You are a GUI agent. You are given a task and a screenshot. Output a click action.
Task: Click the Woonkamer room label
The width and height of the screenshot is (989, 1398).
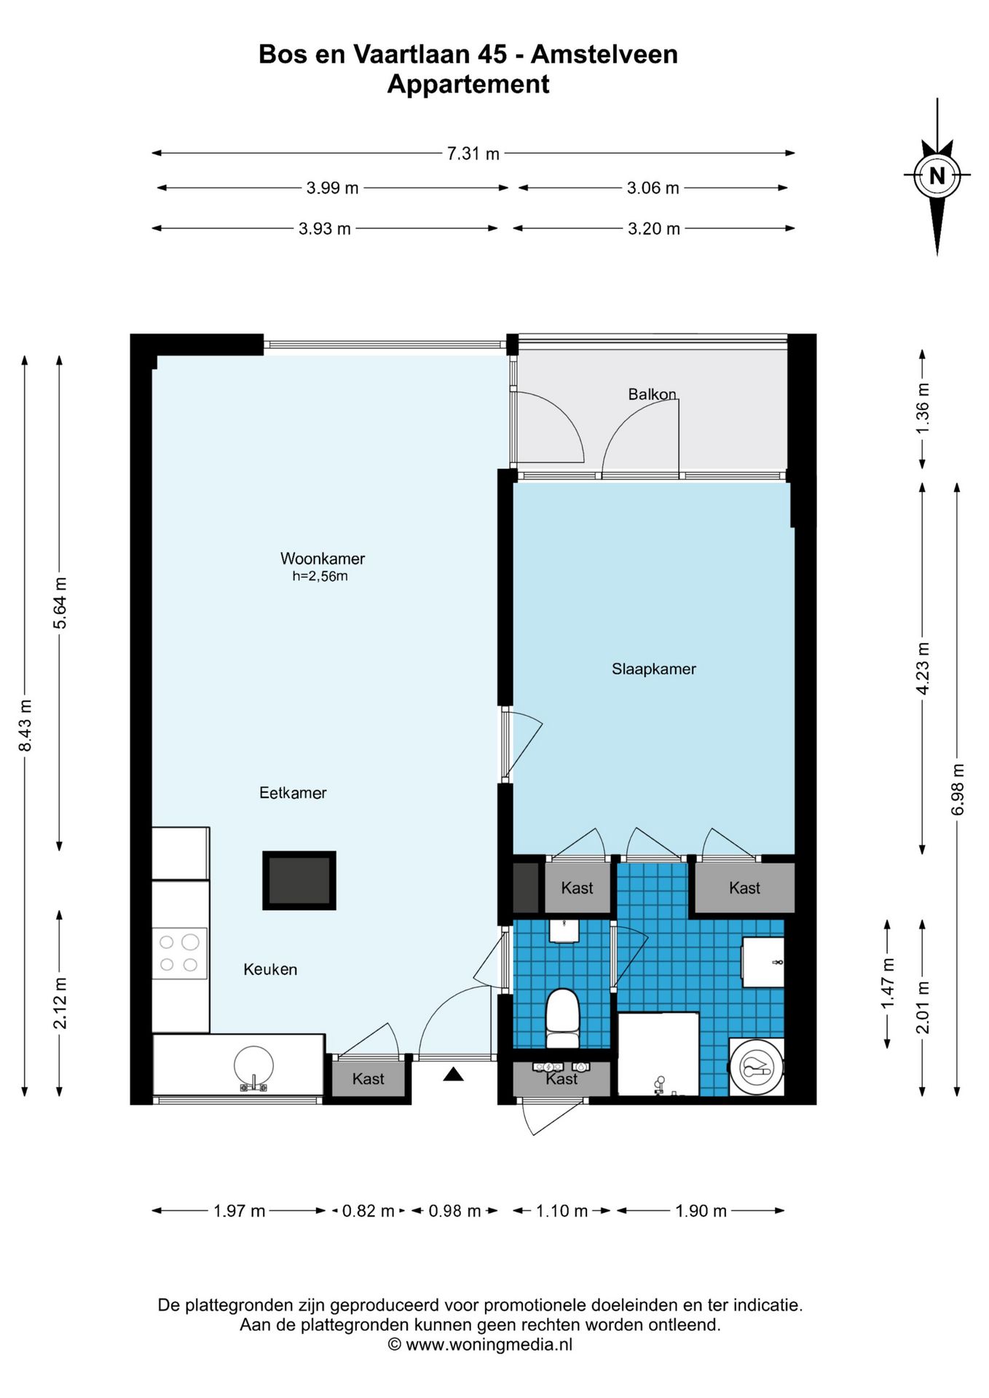[x=323, y=558]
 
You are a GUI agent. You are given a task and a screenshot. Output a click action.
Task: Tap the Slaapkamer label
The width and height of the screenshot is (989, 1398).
[x=653, y=668]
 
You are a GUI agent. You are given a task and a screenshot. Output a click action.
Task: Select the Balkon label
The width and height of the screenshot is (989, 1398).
[x=652, y=394]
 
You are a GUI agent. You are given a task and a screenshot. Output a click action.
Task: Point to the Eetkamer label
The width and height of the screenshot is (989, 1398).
[x=293, y=792]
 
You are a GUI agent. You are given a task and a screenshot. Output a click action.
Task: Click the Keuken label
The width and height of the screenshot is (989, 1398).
[x=270, y=969]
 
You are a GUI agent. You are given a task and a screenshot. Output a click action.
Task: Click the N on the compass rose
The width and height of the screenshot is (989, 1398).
[x=937, y=175]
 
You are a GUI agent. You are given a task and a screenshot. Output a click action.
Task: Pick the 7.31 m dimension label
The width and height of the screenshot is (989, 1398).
[x=473, y=154]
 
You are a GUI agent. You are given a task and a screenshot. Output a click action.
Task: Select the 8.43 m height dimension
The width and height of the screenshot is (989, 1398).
[x=25, y=725]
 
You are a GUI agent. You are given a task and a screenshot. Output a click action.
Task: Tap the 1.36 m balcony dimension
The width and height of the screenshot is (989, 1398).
[x=923, y=408]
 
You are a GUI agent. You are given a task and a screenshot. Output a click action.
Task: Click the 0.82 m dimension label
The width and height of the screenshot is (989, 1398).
[x=368, y=1210]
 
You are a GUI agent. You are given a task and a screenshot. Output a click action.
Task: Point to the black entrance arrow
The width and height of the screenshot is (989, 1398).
[x=453, y=1074]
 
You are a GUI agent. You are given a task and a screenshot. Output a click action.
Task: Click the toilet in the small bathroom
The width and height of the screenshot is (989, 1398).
[x=562, y=1018]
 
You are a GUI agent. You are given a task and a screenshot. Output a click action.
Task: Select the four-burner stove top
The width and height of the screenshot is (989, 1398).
[x=179, y=953]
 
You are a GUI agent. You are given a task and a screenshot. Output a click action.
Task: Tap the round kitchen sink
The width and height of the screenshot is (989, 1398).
[x=253, y=1067]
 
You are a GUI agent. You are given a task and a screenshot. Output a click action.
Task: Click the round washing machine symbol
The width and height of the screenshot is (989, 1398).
[x=757, y=1067]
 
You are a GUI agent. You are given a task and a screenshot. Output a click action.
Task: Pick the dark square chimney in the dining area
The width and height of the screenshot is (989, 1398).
[x=299, y=880]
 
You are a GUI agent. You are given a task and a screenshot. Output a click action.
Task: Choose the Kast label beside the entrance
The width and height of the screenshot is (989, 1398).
[x=368, y=1078]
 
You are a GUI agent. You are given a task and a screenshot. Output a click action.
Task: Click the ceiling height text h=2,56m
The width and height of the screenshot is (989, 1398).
[x=320, y=576]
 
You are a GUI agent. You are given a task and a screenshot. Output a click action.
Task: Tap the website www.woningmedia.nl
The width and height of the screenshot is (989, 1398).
[x=489, y=1344]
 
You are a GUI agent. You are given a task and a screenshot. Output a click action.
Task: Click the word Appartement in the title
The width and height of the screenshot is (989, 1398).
[x=468, y=84]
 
